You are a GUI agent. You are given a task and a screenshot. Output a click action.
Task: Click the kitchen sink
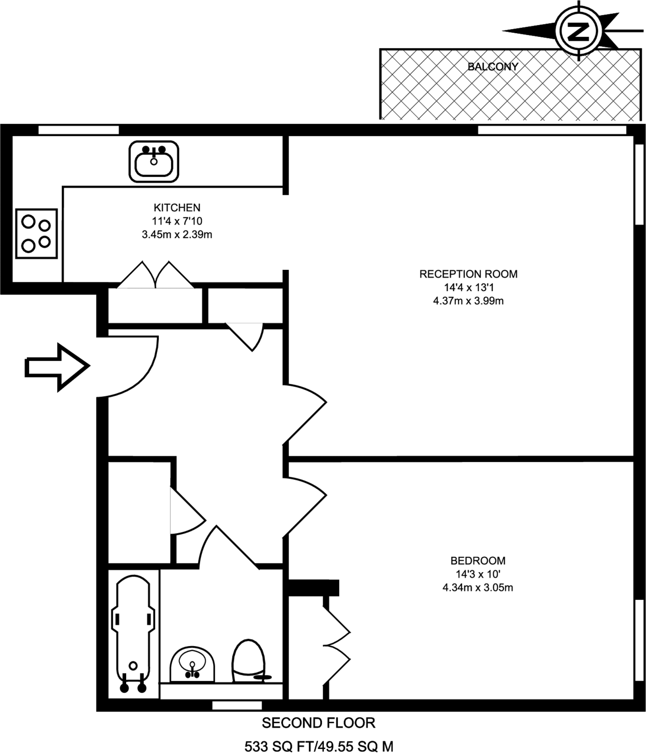click(154, 161)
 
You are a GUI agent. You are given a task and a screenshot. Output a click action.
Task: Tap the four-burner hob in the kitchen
click(36, 233)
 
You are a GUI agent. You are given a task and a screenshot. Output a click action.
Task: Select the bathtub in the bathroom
click(133, 633)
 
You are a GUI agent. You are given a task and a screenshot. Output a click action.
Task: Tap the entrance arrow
click(57, 367)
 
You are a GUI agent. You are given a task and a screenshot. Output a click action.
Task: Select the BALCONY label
click(493, 67)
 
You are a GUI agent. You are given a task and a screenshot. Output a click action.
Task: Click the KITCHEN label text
click(177, 208)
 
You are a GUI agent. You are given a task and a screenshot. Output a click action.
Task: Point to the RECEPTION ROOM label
click(468, 274)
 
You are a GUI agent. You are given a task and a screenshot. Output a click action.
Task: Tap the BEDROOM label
click(478, 561)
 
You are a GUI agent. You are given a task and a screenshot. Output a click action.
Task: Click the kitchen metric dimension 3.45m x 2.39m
click(177, 235)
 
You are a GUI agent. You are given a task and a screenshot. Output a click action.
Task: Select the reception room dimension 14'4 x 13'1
click(468, 288)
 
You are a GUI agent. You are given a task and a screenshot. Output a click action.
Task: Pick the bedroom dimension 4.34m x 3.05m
click(478, 588)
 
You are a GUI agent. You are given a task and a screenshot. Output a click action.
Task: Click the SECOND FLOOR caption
click(318, 723)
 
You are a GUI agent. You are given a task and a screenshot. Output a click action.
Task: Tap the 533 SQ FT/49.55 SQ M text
click(319, 744)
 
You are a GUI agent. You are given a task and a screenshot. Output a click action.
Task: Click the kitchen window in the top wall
click(79, 130)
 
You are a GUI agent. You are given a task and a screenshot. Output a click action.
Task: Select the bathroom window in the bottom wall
click(237, 705)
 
